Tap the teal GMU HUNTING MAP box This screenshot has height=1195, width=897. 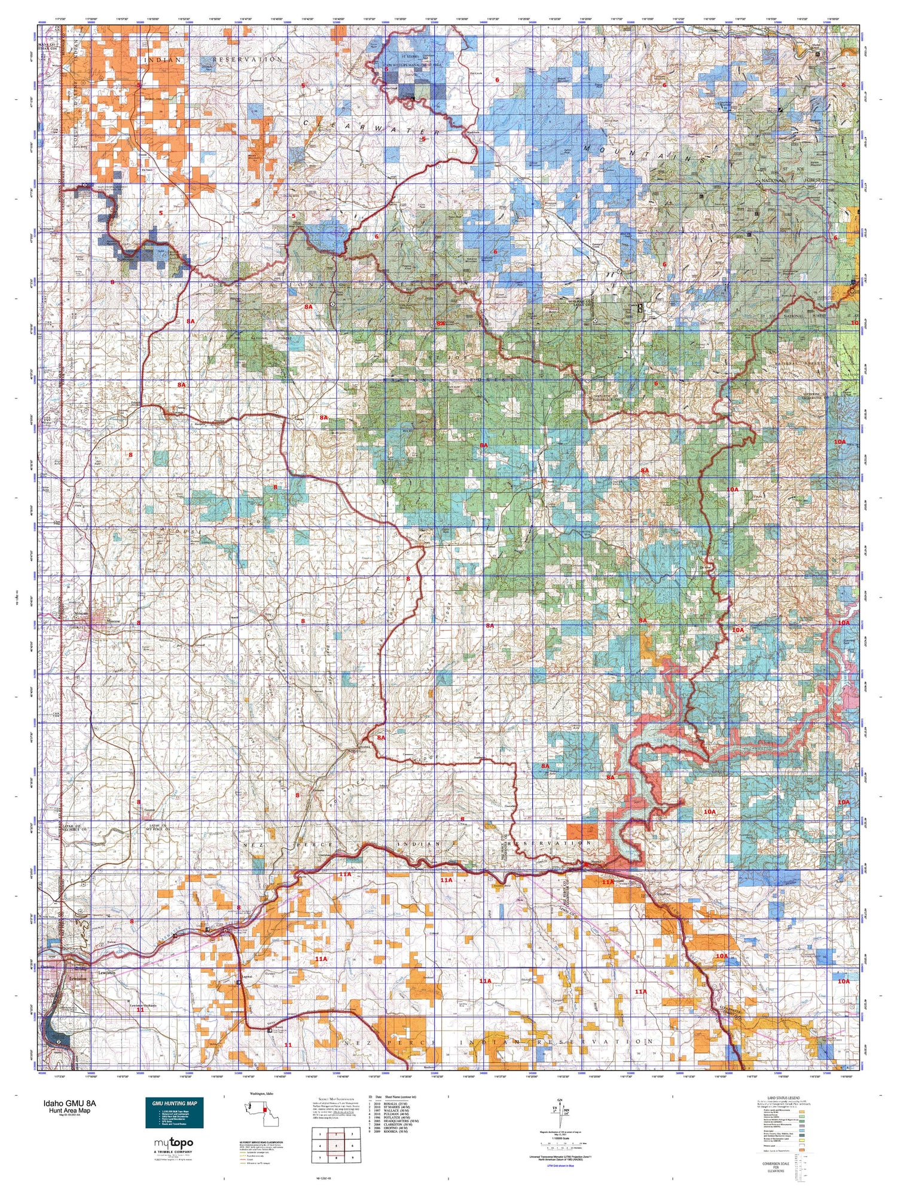tap(174, 1113)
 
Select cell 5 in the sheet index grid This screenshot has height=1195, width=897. tap(337, 1145)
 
